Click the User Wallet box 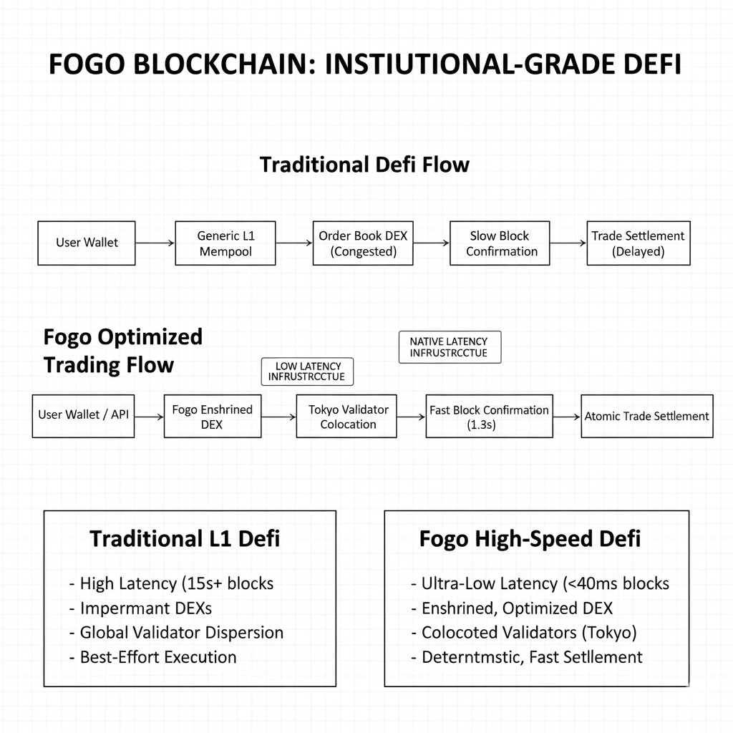coord(87,243)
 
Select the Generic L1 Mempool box coord(225,243)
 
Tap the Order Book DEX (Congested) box coord(363,243)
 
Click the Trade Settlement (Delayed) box coord(639,243)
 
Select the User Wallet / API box coord(84,415)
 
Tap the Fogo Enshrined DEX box coord(213,415)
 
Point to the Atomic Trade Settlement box coord(646,416)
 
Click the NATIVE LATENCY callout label coord(449,347)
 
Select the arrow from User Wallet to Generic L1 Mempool coord(155,243)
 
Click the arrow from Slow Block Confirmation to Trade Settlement coord(568,243)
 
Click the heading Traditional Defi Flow coord(364,165)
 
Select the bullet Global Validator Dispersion coord(181,633)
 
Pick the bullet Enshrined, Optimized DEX coord(517,608)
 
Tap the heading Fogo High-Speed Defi coord(530,538)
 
